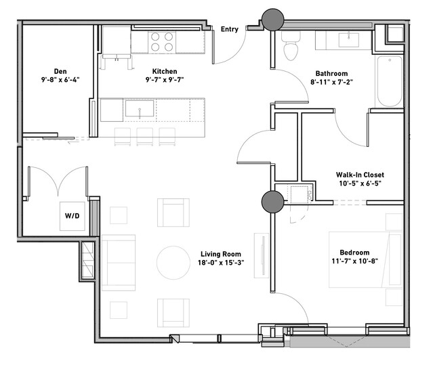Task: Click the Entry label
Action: pos(230,29)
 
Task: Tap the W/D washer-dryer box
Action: pos(73,216)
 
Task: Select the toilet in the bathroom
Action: pos(291,46)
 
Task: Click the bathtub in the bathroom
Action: pos(390,81)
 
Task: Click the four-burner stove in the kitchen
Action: pos(162,42)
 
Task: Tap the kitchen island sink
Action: pos(140,108)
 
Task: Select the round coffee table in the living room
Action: pos(173,263)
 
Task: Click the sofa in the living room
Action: pos(119,263)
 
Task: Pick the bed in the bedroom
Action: pos(365,260)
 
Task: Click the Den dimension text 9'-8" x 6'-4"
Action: pos(60,80)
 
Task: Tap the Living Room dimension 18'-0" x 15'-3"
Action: pos(221,263)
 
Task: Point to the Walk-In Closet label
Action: pos(360,175)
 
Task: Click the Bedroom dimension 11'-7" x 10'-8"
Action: pos(355,261)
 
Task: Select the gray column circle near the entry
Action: pos(273,20)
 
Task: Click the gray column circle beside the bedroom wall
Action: pos(273,202)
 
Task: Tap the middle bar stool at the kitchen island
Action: pos(145,137)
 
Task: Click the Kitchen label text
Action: pos(165,72)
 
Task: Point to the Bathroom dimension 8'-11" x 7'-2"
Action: pos(331,82)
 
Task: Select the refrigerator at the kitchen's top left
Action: pos(117,42)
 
